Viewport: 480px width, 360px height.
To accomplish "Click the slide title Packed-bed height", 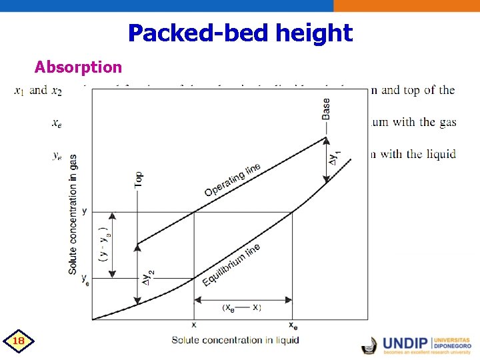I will [x=240, y=33].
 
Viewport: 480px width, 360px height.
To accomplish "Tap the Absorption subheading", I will [x=78, y=67].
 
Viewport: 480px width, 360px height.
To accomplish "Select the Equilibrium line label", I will [x=231, y=265].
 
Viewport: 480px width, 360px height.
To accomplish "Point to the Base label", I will [x=325, y=109].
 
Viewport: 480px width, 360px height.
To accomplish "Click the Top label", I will [x=138, y=179].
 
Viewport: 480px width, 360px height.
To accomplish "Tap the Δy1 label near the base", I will [x=336, y=158].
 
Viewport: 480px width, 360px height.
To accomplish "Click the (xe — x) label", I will [x=241, y=307].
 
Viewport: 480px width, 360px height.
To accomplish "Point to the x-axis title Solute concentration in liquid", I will [x=235, y=340].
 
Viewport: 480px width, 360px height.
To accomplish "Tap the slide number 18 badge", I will [x=19, y=341].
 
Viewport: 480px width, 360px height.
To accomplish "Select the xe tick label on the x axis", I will [x=293, y=326].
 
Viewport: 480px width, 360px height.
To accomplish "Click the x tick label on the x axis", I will [x=194, y=325].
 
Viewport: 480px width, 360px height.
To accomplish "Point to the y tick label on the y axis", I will [x=84, y=211].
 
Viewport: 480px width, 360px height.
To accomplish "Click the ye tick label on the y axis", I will [x=85, y=279].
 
